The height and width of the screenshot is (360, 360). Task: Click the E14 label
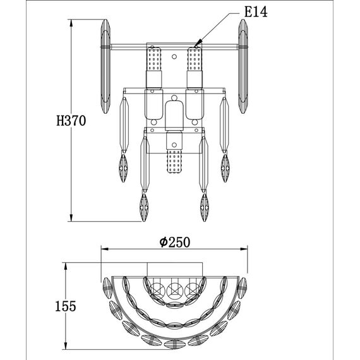[256, 12]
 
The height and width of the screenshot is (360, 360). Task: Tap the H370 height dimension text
[71, 121]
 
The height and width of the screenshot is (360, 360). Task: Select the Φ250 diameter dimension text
[175, 243]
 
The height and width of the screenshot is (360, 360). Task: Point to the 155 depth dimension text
[66, 306]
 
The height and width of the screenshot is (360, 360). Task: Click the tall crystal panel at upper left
[105, 66]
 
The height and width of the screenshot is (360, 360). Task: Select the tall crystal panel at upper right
[243, 66]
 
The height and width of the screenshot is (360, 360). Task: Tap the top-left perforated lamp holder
[154, 59]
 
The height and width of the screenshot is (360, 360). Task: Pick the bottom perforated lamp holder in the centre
[174, 160]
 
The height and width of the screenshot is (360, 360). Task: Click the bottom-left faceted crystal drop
[144, 207]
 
